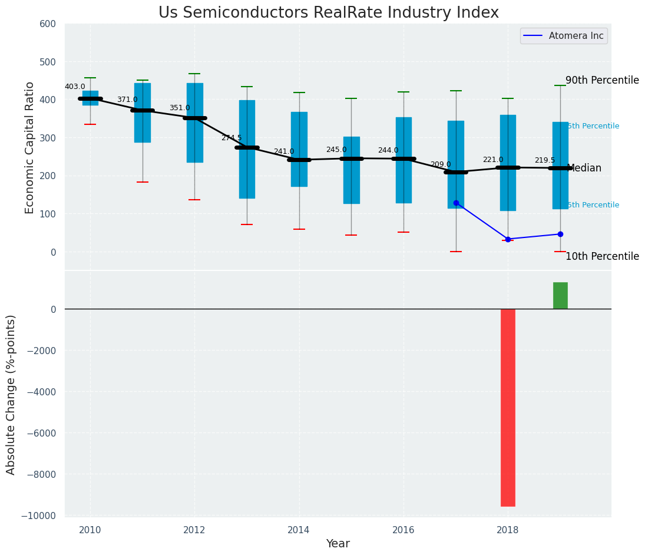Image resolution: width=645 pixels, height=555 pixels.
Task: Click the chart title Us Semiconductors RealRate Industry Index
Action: point(329,13)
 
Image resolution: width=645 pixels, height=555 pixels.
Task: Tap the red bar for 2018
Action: point(508,407)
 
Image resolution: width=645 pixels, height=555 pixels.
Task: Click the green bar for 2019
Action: point(560,295)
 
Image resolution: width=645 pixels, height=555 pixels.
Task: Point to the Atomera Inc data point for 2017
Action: point(456,203)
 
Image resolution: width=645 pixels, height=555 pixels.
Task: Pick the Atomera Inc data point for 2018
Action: point(508,239)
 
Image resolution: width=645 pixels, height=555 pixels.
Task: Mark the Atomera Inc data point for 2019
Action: point(560,234)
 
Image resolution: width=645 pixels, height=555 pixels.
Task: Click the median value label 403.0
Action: point(75,87)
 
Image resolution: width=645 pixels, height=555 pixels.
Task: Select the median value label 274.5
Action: point(231,138)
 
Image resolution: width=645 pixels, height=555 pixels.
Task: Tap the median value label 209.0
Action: point(441,164)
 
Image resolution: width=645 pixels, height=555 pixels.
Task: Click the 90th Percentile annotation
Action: point(602,80)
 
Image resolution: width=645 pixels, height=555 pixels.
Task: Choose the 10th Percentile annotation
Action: point(602,256)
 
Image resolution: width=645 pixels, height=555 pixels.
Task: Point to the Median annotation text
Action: point(584,168)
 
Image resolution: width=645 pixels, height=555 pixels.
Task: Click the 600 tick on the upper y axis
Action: point(48,24)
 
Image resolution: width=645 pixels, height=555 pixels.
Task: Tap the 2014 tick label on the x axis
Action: point(299,530)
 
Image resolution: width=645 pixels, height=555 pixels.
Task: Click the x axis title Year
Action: point(338,544)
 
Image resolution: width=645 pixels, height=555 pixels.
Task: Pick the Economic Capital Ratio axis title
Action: point(30,147)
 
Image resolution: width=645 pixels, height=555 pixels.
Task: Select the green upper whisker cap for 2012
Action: point(194,74)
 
